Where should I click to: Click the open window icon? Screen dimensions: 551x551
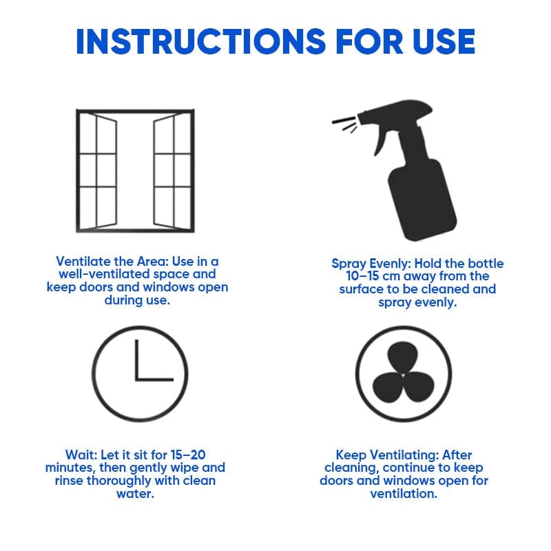[x=135, y=171]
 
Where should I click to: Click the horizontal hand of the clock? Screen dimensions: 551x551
[x=155, y=379]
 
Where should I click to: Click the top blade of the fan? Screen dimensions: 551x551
[x=404, y=359]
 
